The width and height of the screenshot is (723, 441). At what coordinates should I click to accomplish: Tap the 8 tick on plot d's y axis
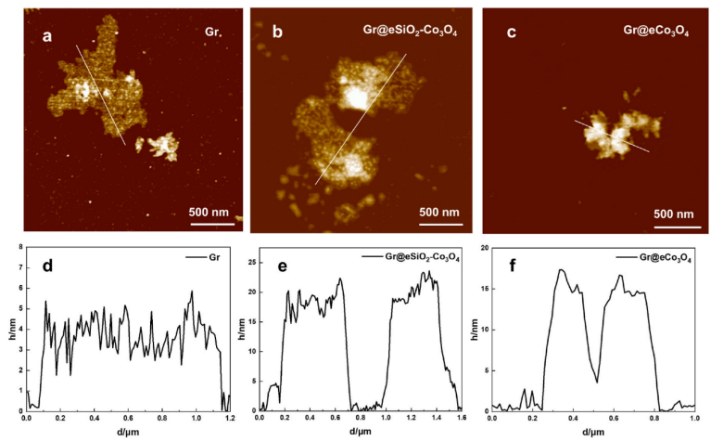click(19, 246)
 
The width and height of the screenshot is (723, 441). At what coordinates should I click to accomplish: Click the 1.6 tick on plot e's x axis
click(461, 419)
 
